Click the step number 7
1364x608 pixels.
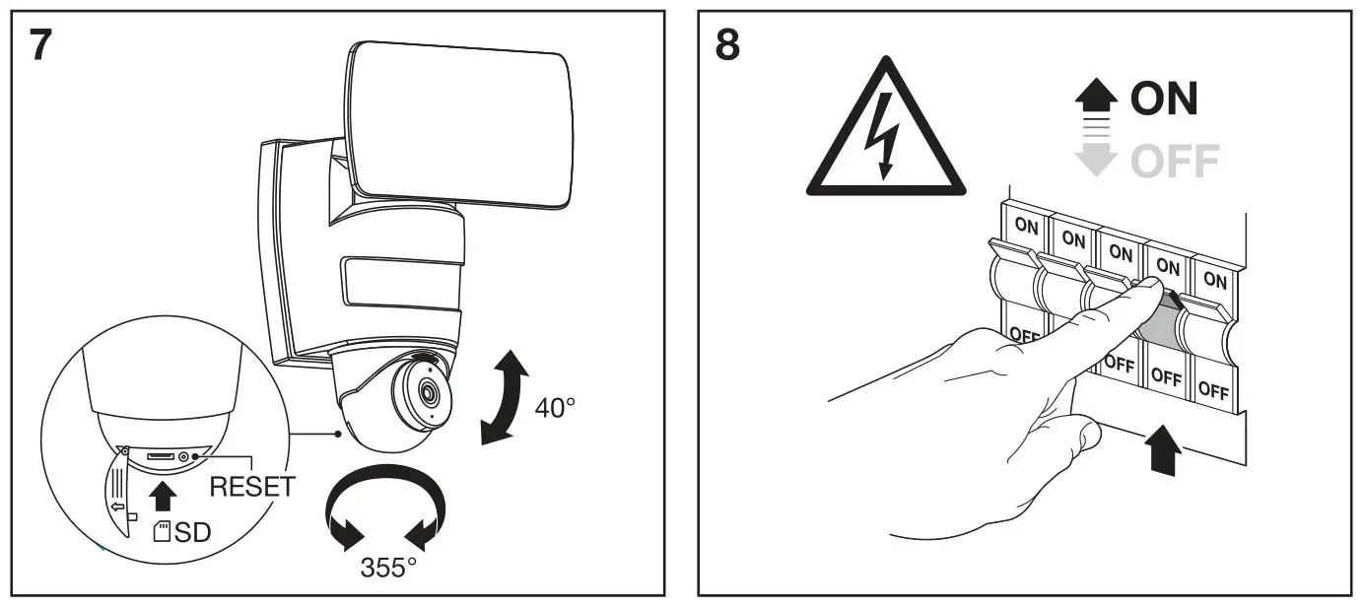coord(41,45)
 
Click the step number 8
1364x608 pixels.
coord(727,45)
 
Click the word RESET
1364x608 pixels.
coord(252,486)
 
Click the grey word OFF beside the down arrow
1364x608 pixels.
coord(1173,160)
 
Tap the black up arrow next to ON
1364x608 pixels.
coord(1096,98)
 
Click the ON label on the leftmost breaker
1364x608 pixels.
coord(1027,226)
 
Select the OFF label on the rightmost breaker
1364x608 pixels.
coord(1214,390)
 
